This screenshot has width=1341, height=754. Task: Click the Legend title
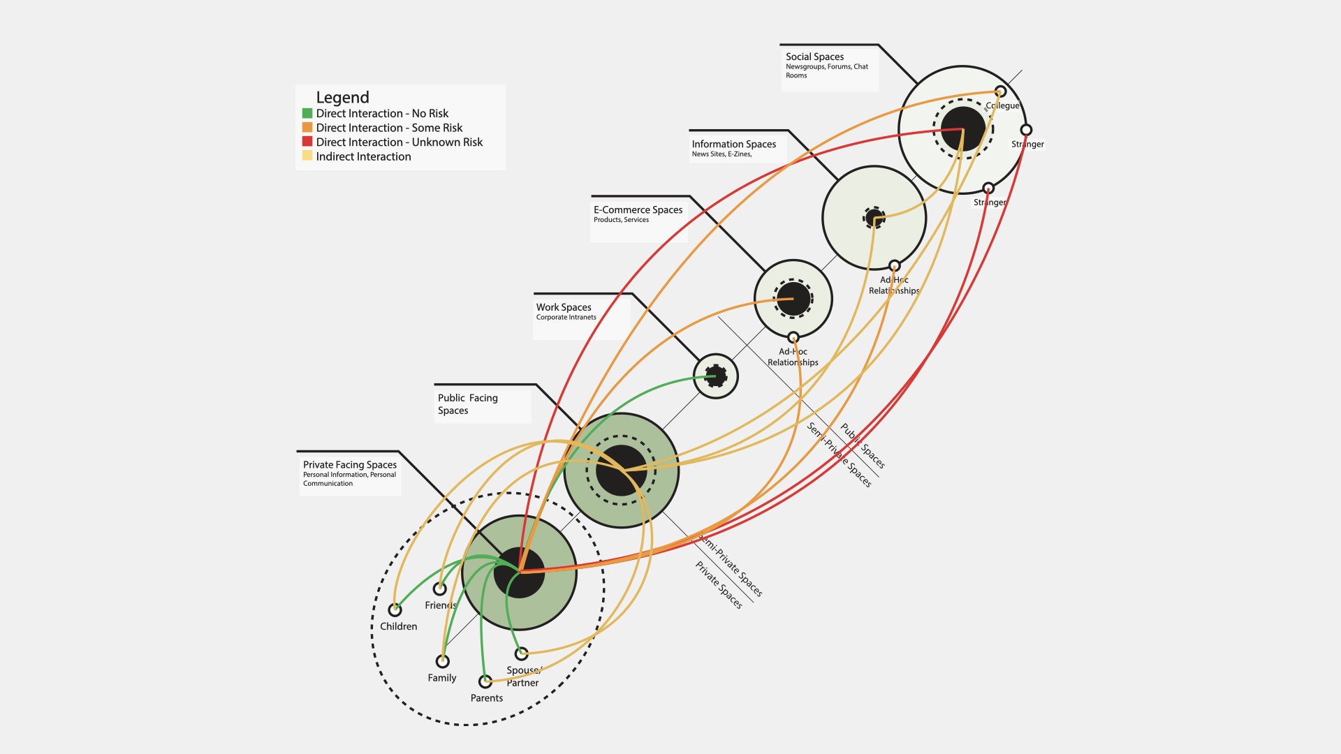point(342,98)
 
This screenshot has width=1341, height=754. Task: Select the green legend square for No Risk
point(307,113)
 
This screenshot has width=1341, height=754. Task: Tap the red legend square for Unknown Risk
point(307,142)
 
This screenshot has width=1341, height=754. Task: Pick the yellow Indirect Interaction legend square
point(307,156)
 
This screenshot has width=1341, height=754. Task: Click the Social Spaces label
point(814,57)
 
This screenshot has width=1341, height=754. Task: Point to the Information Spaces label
point(733,144)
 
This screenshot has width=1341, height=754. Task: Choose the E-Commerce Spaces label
point(638,209)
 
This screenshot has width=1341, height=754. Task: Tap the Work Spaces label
point(564,307)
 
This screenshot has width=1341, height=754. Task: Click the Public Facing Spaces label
point(467,404)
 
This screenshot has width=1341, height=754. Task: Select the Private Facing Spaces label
point(349,465)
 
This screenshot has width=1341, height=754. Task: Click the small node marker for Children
point(395,609)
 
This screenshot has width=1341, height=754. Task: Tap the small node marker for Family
point(442,660)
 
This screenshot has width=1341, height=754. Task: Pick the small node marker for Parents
point(485,681)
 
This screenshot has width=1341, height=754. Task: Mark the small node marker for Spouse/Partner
point(521,653)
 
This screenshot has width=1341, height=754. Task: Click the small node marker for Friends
point(439,589)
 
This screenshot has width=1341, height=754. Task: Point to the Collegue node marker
point(1000,91)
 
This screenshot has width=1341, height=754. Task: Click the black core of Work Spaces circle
point(716,376)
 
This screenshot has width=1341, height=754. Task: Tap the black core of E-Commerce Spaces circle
point(793,298)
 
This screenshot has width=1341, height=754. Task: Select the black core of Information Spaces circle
point(874,217)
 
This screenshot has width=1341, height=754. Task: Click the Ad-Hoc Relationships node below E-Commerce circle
point(793,338)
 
